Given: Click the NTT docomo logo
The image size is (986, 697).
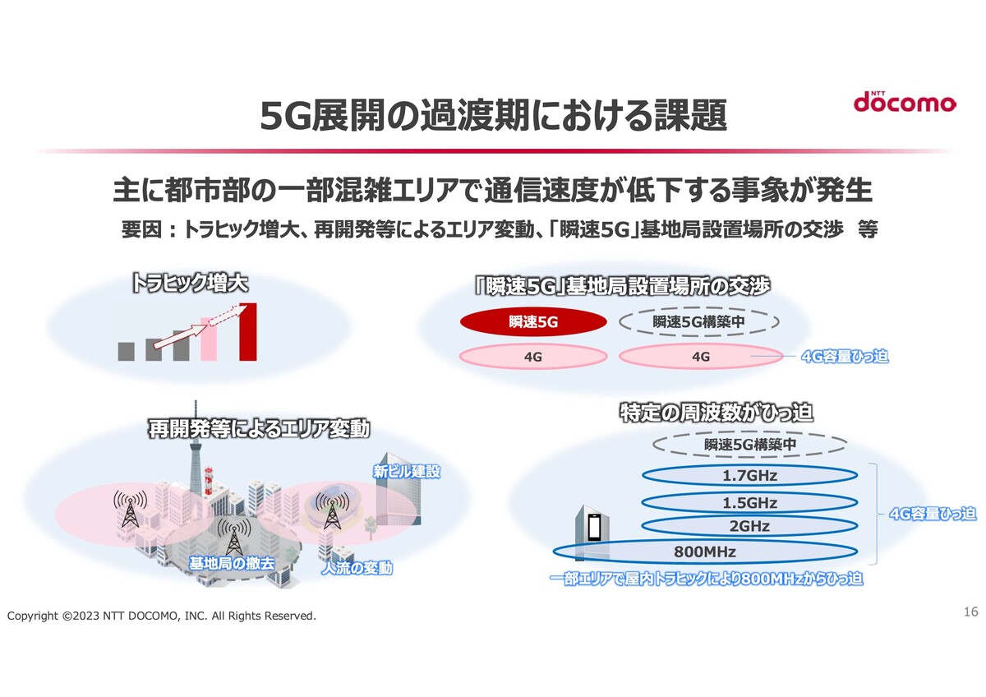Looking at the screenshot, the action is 904,101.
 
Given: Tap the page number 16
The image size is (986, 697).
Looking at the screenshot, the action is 970,612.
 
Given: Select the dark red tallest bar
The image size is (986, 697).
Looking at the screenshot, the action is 248,331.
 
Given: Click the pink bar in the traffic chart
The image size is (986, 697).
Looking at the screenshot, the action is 208,339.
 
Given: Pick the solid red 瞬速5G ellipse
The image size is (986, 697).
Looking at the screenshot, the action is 533,322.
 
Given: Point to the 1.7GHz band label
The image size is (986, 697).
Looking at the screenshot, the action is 749,476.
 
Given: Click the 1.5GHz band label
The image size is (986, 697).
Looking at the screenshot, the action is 749,502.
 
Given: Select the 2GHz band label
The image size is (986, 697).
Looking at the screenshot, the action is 749,526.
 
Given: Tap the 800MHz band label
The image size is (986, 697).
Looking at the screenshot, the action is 705,552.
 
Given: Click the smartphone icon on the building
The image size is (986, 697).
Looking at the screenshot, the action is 594,528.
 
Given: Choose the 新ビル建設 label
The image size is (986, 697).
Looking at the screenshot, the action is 406,472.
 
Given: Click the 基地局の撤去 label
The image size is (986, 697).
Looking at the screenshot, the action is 232,563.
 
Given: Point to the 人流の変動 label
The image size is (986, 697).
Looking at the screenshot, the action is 357,568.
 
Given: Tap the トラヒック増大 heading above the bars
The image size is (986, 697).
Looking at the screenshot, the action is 190,283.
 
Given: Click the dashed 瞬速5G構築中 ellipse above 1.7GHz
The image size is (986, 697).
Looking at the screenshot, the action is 749,445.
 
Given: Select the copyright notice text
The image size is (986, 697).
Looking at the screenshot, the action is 162,616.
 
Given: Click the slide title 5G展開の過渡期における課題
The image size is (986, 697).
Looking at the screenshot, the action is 493,115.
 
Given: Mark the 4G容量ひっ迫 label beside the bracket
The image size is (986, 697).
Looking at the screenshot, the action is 933,514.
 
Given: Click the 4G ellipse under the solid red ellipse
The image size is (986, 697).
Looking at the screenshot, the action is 533,356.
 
